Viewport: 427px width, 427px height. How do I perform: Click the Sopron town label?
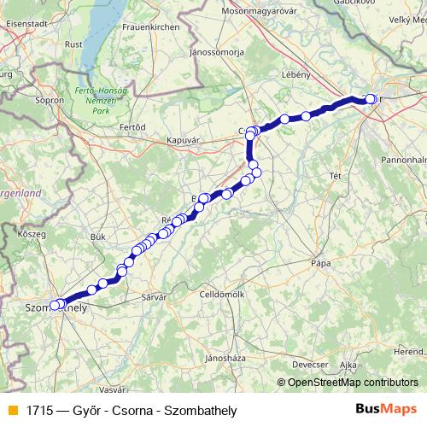pos(50,100)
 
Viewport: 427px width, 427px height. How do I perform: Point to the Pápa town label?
pos(321,263)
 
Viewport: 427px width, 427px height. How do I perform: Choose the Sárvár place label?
pos(151,296)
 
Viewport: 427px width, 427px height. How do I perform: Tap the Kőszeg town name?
pos(32,232)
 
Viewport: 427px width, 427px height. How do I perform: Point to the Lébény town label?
pos(295,74)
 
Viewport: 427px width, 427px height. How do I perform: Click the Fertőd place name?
pos(132,127)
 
